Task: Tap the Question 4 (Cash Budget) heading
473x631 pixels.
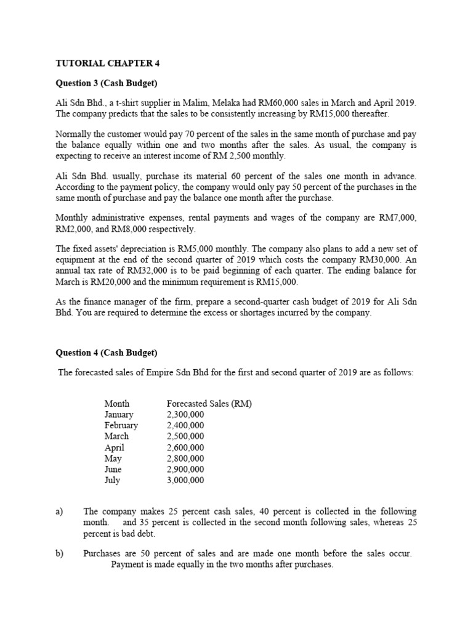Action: click(107, 352)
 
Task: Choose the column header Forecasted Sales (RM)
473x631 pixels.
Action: click(209, 404)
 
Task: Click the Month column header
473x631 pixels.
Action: click(116, 404)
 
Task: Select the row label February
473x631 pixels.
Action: click(121, 425)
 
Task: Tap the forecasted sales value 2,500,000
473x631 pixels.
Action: click(185, 436)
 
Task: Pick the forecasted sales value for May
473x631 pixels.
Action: click(185, 458)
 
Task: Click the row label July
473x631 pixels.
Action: click(112, 480)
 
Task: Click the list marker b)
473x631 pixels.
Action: click(60, 553)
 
